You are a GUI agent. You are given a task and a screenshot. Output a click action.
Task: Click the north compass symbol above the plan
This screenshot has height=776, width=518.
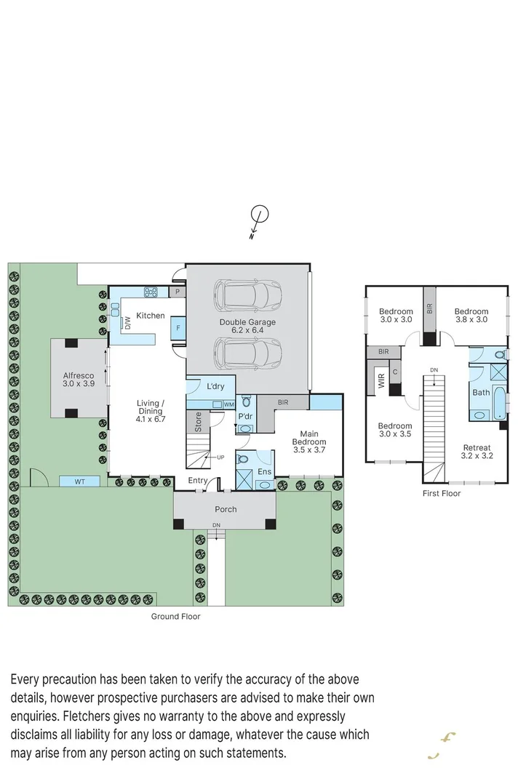(x=259, y=215)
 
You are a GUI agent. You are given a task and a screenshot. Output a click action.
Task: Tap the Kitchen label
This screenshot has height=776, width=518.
(x=151, y=316)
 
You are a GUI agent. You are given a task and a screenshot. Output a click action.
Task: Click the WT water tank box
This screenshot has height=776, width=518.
(x=80, y=481)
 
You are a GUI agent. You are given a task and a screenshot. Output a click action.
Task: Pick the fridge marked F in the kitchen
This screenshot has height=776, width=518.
(x=177, y=329)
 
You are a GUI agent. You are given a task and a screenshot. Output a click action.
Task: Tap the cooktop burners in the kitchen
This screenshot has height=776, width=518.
(x=151, y=293)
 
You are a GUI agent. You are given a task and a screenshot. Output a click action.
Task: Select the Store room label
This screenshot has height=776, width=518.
(x=197, y=423)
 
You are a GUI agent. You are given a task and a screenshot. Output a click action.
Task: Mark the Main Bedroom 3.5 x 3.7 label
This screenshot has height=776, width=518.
(x=309, y=441)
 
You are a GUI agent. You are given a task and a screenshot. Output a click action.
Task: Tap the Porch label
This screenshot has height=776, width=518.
(x=226, y=509)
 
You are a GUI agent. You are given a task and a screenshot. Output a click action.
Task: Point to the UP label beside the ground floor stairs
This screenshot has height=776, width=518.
(x=220, y=457)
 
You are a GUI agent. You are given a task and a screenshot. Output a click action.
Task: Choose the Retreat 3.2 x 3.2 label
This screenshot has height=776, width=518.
(x=476, y=452)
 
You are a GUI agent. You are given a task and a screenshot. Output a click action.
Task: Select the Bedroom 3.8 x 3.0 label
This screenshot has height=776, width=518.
(x=471, y=316)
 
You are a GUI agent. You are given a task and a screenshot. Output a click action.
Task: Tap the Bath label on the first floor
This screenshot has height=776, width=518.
(x=481, y=392)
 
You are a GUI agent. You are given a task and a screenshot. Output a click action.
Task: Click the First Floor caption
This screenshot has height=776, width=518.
(x=442, y=493)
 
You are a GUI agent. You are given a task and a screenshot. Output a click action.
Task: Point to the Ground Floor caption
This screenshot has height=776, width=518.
(x=175, y=616)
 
